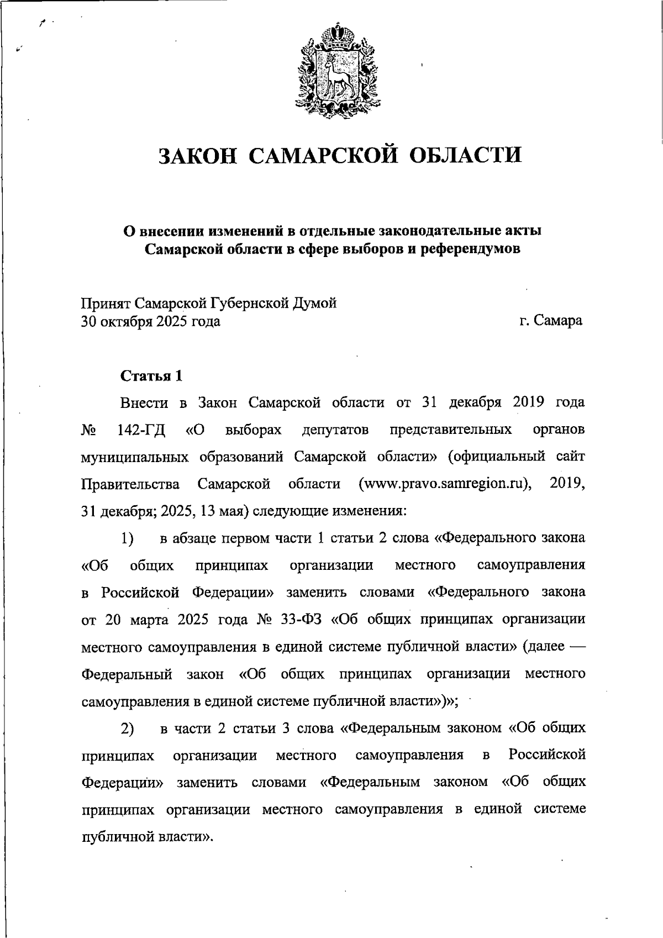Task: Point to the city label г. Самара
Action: click(551, 321)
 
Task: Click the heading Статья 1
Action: click(151, 376)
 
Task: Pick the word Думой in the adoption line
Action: click(318, 303)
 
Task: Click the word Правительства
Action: click(130, 485)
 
